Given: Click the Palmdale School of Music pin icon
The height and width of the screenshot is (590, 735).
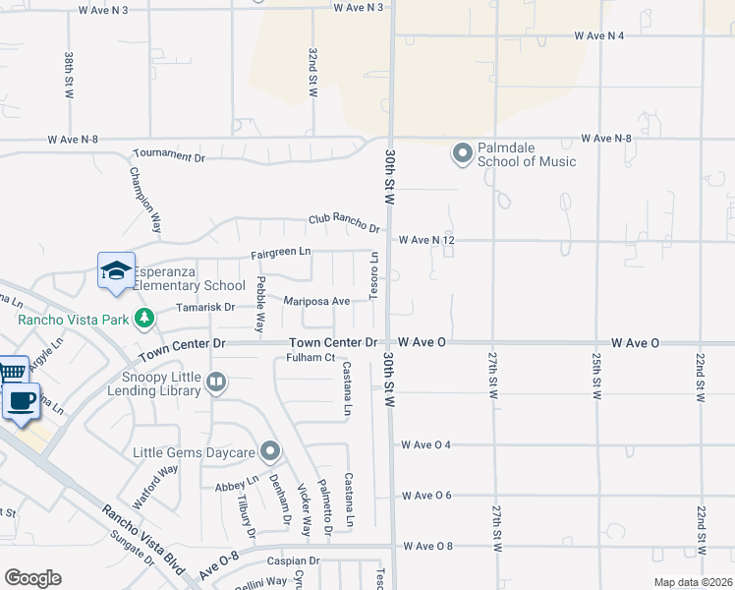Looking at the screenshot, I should tap(462, 153).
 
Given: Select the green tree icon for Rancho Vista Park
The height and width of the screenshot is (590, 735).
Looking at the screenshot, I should tap(144, 317).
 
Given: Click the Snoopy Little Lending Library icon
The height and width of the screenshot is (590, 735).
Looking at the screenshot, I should tap(216, 381).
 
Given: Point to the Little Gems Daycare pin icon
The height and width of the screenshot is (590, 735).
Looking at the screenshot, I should tap(270, 452).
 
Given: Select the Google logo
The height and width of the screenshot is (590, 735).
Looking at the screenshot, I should tap(32, 577).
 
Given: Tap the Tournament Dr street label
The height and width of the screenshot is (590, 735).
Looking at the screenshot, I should tap(169, 156).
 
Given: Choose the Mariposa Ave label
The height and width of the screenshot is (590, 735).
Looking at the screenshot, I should tap(317, 301).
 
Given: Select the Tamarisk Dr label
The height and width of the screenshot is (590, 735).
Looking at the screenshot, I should tap(204, 307).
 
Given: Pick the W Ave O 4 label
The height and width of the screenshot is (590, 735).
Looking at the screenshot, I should tap(425, 444).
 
